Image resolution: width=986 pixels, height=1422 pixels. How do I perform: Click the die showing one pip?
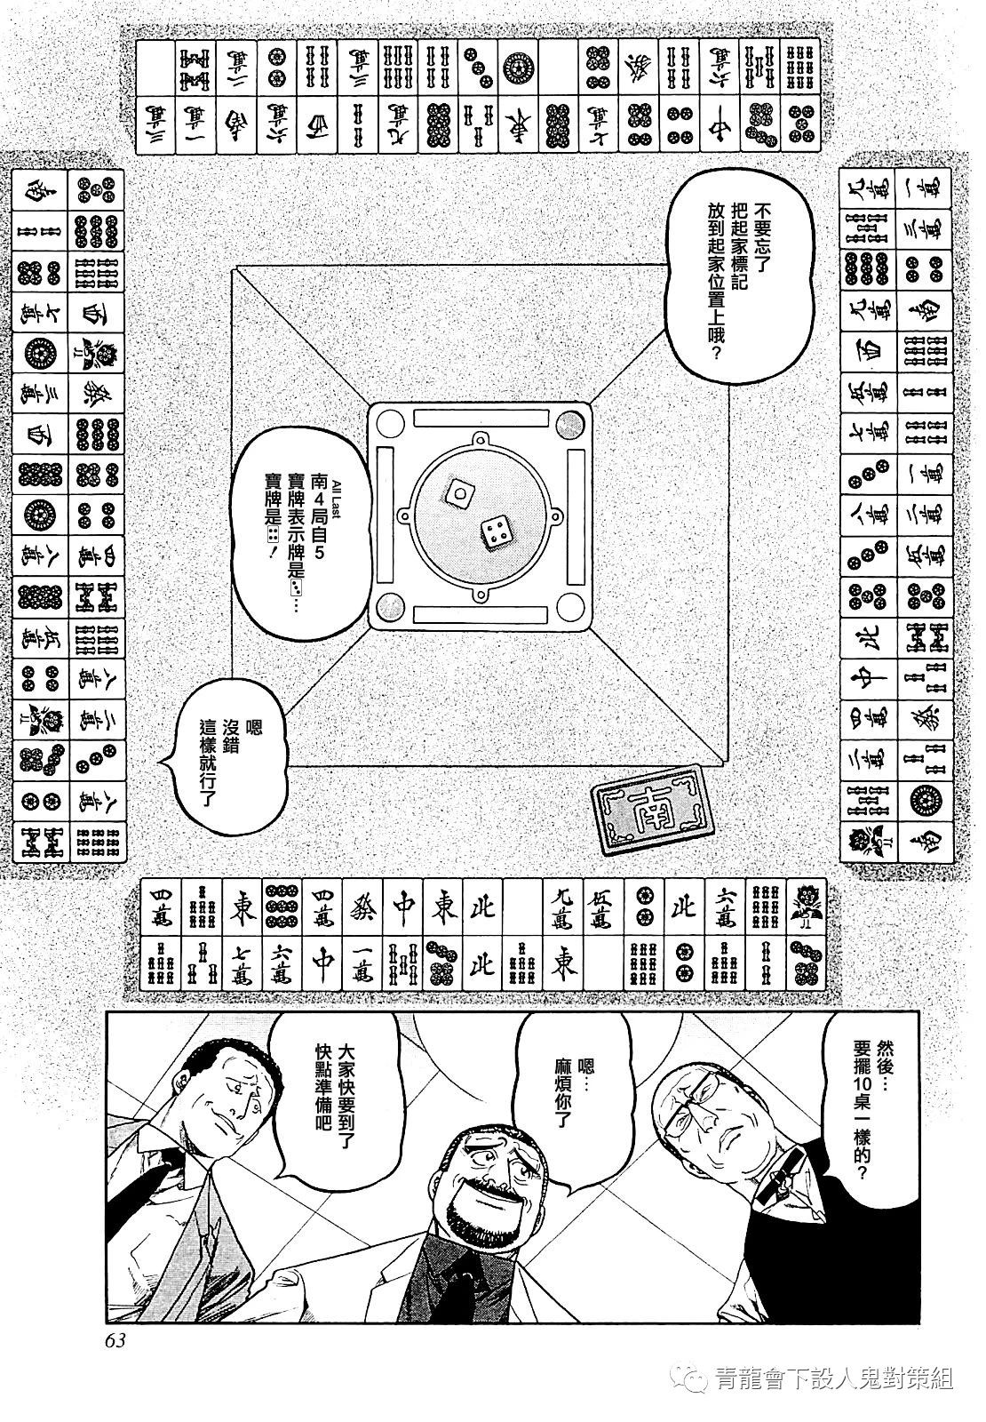459,491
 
